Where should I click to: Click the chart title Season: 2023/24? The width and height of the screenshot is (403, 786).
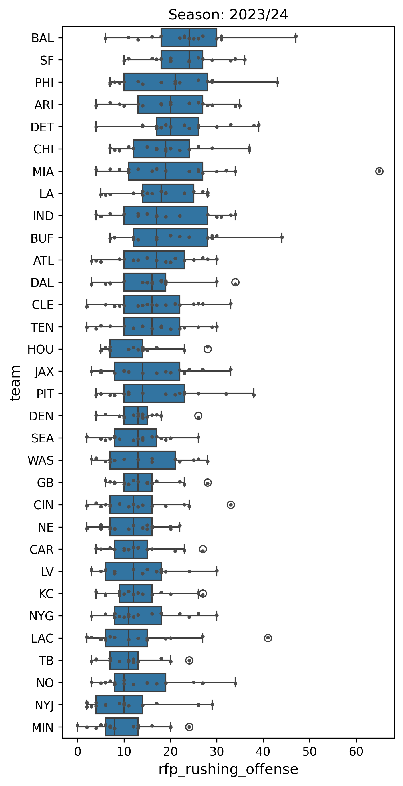click(x=228, y=15)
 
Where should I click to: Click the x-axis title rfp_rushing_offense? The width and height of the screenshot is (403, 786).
click(x=228, y=769)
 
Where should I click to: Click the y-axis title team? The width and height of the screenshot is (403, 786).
click(x=15, y=383)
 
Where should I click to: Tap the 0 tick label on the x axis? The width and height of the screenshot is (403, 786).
click(x=77, y=751)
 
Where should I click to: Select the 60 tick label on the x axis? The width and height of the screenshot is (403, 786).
click(x=356, y=751)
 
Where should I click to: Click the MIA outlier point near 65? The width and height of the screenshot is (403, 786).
click(x=379, y=171)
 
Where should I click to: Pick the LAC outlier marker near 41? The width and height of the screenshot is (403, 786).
click(x=268, y=638)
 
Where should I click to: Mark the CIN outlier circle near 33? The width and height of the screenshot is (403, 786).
click(x=231, y=505)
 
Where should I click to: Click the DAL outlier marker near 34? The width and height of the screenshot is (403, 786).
click(x=235, y=282)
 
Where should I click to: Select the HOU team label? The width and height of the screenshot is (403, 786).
click(x=41, y=349)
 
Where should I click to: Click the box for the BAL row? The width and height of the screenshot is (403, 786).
click(x=189, y=38)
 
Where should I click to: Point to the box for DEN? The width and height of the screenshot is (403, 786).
click(x=135, y=416)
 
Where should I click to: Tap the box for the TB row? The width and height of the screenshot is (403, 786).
click(x=124, y=660)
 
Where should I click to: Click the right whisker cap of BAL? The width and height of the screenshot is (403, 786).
click(x=296, y=38)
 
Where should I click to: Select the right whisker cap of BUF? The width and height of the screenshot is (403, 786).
click(x=282, y=238)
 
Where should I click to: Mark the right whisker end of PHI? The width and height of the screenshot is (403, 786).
click(x=277, y=82)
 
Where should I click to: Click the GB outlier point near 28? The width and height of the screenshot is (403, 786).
click(x=208, y=483)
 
